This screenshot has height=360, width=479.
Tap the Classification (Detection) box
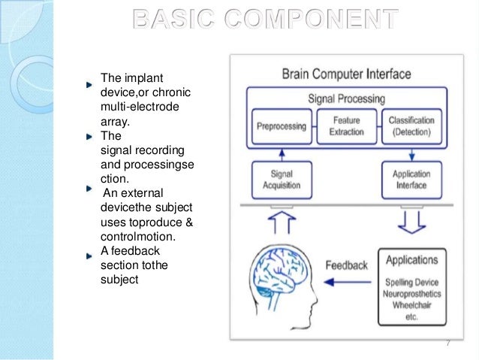click(x=411, y=126)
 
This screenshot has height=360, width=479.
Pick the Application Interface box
click(x=411, y=179)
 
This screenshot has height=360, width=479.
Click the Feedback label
click(x=346, y=265)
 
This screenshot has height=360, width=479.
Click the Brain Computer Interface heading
click(x=346, y=74)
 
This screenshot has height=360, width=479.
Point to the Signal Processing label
click(x=346, y=98)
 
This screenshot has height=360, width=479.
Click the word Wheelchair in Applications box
click(x=411, y=305)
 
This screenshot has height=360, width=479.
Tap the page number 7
click(x=448, y=343)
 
